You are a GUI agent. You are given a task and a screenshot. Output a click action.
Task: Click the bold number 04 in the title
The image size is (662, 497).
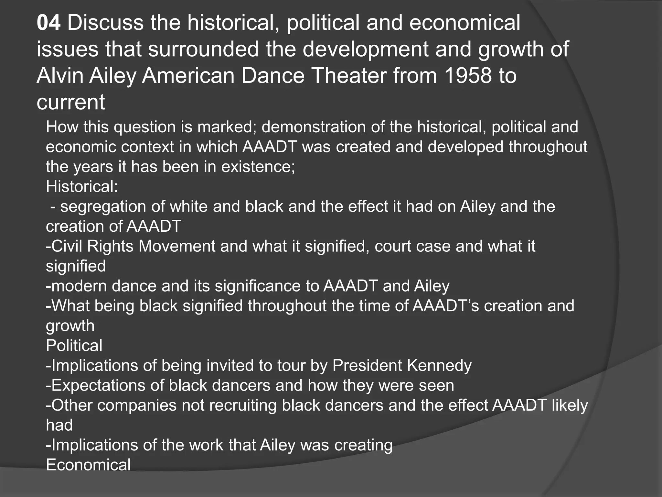(x=48, y=23)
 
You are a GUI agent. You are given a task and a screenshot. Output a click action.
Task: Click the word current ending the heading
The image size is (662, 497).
(x=71, y=102)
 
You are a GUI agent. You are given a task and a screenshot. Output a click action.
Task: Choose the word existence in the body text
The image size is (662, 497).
(x=258, y=167)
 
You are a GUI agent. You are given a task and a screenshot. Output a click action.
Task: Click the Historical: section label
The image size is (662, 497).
(x=82, y=187)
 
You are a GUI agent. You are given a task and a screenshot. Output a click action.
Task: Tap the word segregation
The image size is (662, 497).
(x=103, y=207)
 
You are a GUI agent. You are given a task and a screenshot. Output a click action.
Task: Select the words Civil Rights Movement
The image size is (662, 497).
(x=131, y=246)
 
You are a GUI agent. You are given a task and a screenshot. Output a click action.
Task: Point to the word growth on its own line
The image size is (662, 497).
(x=70, y=326)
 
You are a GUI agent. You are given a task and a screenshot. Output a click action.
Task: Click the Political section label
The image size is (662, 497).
(x=74, y=346)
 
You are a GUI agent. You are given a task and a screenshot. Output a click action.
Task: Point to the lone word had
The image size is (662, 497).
(x=59, y=425)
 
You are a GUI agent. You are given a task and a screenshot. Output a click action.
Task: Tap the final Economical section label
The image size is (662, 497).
(x=88, y=465)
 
